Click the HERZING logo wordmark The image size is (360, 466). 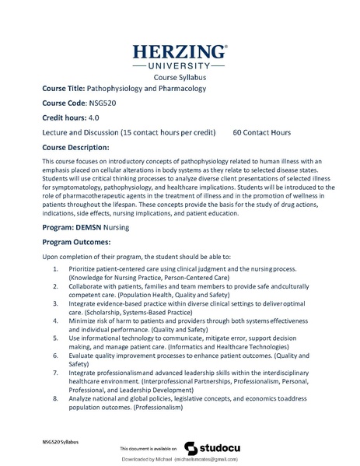point(180,52)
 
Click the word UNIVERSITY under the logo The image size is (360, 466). point(180,67)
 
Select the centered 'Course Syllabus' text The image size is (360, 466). point(180,79)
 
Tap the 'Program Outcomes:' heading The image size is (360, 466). point(81,242)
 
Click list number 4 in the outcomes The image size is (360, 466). point(54,320)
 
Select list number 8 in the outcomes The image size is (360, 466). point(54,398)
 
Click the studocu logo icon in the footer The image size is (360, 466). point(190,448)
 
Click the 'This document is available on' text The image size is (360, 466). point(149,450)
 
